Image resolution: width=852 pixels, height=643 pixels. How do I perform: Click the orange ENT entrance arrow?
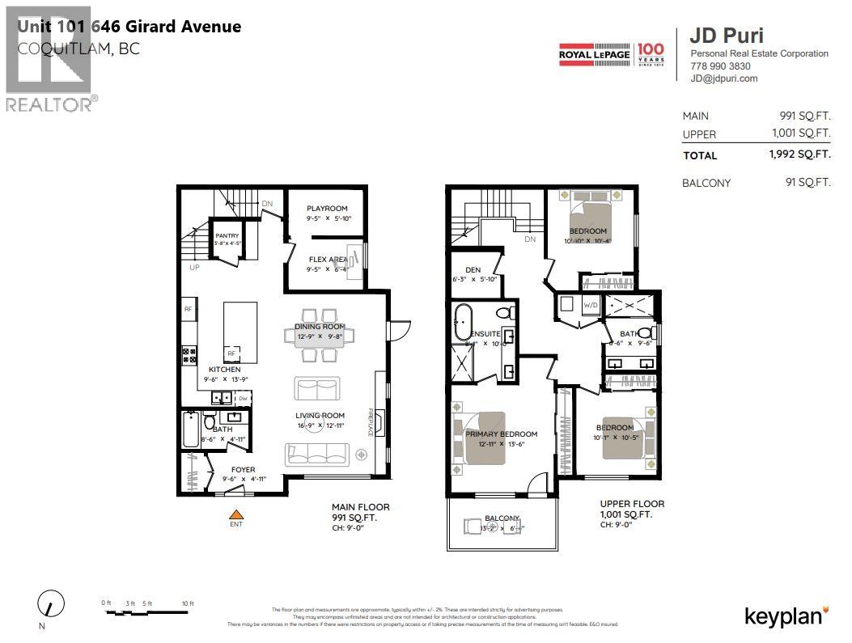pos(236,514)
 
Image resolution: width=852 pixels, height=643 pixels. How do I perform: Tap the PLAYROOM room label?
pos(327,209)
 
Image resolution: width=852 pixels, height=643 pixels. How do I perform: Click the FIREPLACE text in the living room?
pos(371,421)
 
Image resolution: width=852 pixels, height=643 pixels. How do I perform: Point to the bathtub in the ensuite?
pos(464,323)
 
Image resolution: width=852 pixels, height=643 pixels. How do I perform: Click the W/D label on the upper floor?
pos(591,305)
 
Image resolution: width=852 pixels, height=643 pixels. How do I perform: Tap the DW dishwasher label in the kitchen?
pos(242,398)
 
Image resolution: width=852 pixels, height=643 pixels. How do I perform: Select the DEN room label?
pos(473,270)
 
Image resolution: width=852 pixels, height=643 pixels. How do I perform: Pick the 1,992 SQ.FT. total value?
pos(799,154)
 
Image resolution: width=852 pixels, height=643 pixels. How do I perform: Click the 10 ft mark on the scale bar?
pos(188,604)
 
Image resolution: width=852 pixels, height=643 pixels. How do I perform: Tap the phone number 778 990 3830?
pos(720,66)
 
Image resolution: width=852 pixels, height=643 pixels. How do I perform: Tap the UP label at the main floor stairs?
pos(194,267)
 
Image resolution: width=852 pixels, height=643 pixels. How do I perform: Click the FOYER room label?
pos(243,470)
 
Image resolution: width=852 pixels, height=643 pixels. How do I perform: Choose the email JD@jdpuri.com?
pos(723,78)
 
